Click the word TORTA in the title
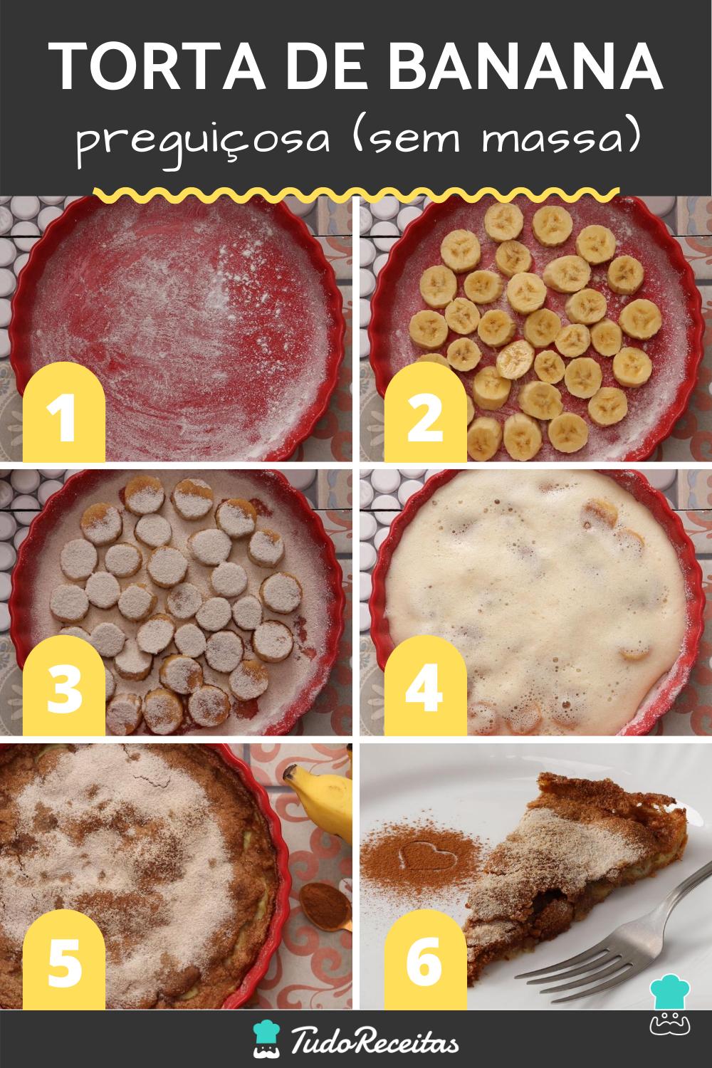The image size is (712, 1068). [157, 66]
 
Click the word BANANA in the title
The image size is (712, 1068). [525, 66]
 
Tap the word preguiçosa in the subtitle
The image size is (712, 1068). [203, 143]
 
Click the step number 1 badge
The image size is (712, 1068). [64, 412]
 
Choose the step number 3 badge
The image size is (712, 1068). [64, 685]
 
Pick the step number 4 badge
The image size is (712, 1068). [425, 685]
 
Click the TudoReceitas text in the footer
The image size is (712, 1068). [375, 1040]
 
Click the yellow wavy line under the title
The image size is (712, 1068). [356, 194]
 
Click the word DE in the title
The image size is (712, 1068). [326, 66]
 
